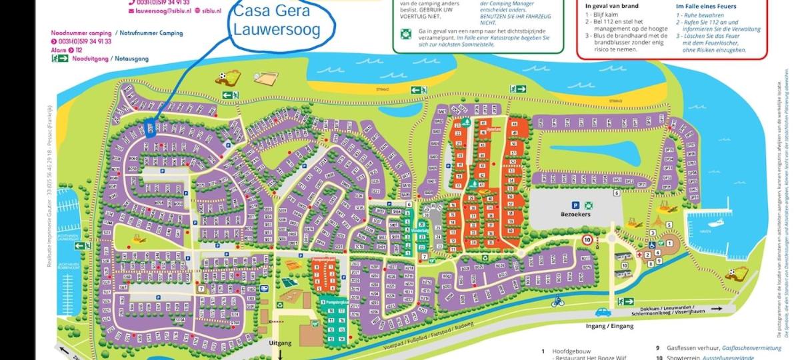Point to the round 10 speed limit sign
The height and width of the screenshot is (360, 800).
(587, 239)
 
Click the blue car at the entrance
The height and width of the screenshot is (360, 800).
(603, 311)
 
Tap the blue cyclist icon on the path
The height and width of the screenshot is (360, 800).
(558, 302)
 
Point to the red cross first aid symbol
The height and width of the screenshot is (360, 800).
(639, 254)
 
